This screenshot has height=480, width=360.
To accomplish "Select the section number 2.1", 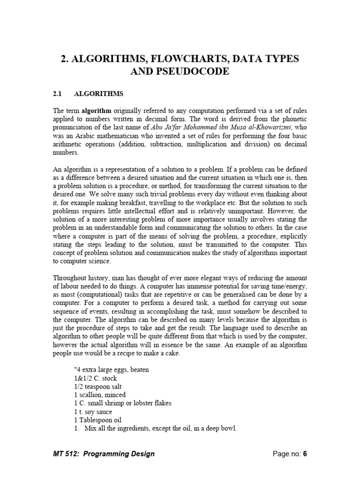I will coord(57,94).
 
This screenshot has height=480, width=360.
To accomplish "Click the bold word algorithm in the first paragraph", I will coord(97,111).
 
